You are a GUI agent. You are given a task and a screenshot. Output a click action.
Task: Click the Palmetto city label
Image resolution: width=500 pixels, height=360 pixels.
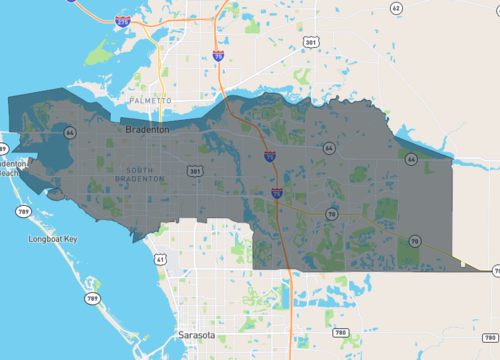pyautogui.click(x=151, y=101)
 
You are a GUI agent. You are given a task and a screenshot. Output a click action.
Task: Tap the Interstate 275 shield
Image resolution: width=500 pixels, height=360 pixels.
pyautogui.click(x=122, y=19)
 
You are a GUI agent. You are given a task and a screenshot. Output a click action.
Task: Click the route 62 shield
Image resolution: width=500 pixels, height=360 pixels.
pyautogui.click(x=396, y=8)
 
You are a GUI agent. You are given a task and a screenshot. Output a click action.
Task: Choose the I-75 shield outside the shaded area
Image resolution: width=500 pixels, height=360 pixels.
pyautogui.click(x=218, y=55)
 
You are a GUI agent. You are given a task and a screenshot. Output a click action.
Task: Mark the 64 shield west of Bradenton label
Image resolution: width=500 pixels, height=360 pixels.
pyautogui.click(x=69, y=132)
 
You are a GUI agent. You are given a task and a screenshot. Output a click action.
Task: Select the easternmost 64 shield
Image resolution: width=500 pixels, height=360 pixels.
pyautogui.click(x=411, y=158)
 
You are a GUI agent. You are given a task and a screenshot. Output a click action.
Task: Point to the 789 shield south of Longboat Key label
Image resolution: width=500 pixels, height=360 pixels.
pyautogui.click(x=92, y=299)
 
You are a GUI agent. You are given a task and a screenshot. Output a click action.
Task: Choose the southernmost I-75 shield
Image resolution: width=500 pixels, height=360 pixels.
pyautogui.click(x=276, y=193)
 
